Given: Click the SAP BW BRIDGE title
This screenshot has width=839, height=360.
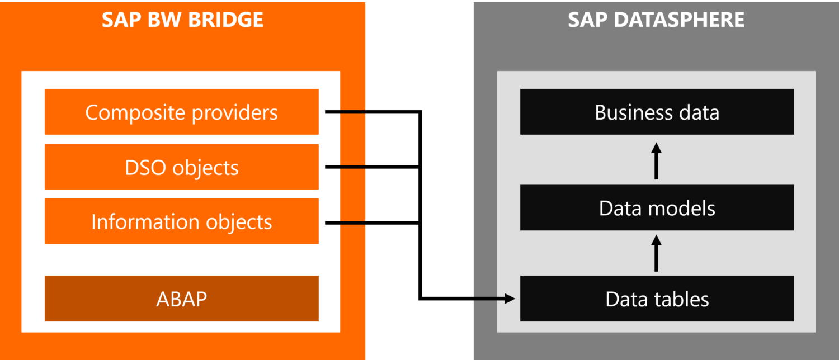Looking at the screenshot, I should [182, 20].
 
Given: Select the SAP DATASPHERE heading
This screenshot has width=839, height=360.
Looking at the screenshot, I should [656, 20].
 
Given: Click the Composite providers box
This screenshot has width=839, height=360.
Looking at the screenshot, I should [181, 112].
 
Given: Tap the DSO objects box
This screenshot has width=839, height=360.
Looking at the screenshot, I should [181, 167].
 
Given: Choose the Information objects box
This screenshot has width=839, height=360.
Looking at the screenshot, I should [181, 222].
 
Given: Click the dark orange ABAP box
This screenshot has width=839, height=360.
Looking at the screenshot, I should [181, 299].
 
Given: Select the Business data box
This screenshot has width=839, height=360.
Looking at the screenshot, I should [657, 112].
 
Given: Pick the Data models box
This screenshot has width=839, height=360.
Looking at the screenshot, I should [657, 208].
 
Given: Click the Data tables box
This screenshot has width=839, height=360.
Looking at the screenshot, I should [657, 299].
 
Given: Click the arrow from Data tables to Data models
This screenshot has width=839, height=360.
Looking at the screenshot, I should [657, 253].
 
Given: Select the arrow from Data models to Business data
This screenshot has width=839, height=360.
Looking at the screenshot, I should [657, 160].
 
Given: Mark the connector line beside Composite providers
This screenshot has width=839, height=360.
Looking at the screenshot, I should [345, 112].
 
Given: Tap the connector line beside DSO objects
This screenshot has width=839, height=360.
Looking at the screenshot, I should [345, 167].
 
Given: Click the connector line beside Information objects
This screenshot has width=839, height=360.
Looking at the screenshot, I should [345, 223].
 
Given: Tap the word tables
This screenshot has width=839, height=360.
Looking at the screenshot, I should [681, 299].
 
